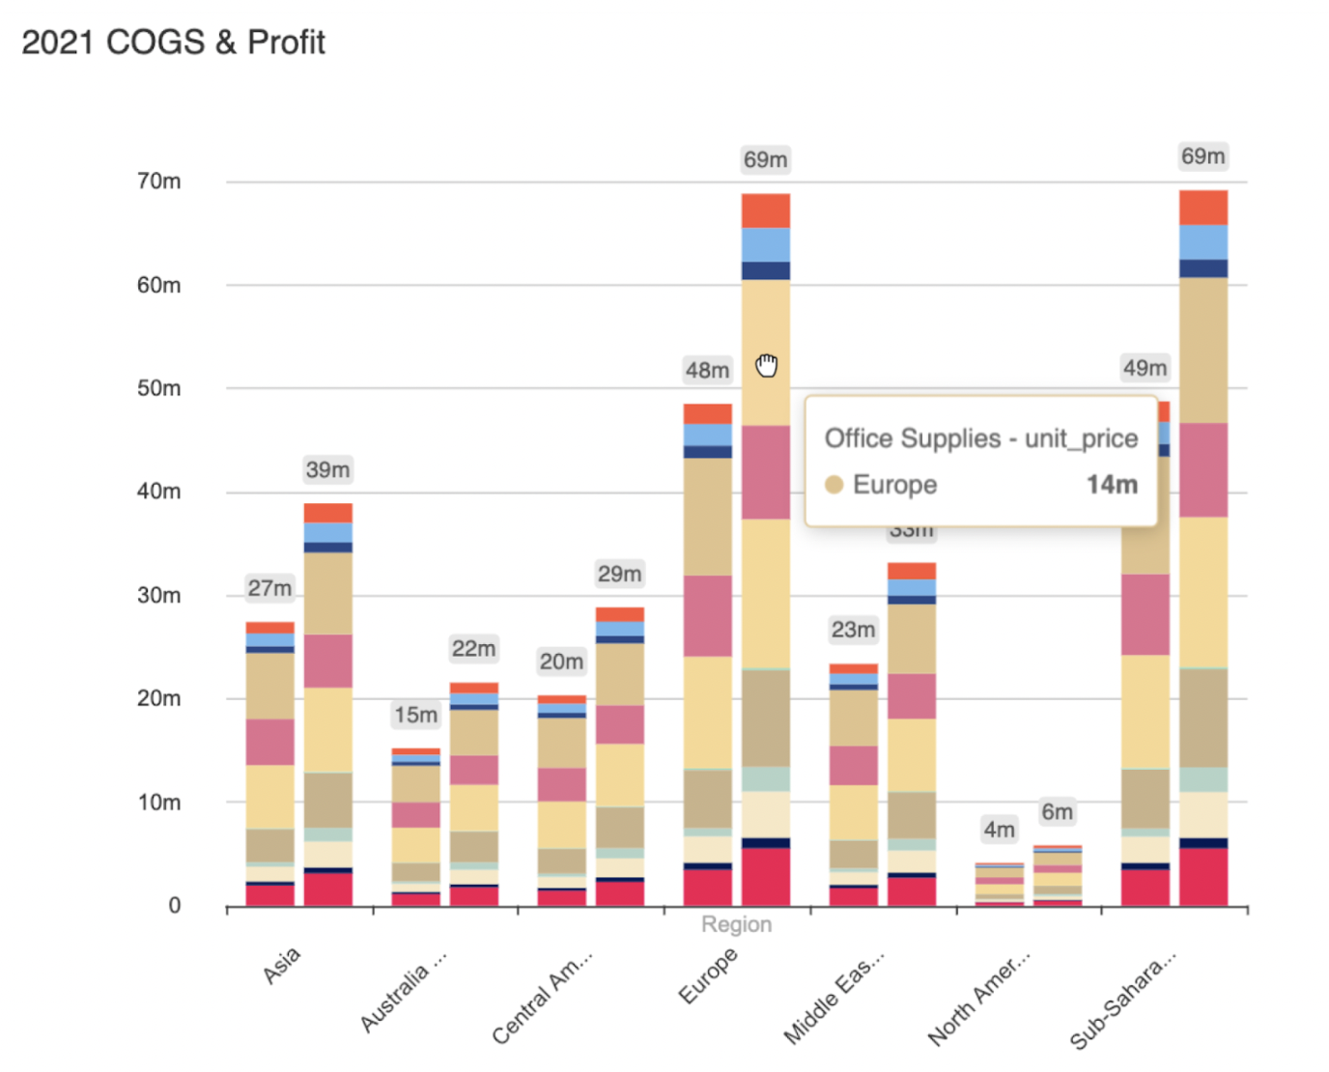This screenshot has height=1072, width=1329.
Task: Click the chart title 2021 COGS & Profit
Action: [x=174, y=42]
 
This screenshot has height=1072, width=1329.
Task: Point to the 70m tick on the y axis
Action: [x=158, y=182]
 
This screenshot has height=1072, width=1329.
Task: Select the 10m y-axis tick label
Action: [x=158, y=803]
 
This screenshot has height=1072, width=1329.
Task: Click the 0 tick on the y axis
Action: [x=174, y=906]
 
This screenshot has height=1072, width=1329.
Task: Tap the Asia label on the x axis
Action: [x=281, y=965]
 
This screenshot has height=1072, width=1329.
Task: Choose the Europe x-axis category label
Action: [x=708, y=975]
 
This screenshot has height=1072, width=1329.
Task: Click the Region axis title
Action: [x=736, y=924]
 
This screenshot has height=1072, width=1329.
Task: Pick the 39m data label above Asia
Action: [x=327, y=470]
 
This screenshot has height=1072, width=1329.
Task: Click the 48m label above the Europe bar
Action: [x=707, y=370]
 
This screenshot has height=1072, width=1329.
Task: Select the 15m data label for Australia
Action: [x=415, y=715]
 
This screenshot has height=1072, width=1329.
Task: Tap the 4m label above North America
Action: [x=999, y=830]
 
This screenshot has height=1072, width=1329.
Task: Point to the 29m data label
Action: [x=619, y=574]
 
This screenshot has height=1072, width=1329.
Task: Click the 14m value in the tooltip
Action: [x=1112, y=485]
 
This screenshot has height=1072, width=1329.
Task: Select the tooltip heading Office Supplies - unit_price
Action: [x=980, y=438]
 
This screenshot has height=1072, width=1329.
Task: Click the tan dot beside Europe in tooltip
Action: [x=834, y=485]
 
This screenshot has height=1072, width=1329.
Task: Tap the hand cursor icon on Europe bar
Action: [x=767, y=365]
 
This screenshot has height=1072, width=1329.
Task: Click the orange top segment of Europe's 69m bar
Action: [x=766, y=211]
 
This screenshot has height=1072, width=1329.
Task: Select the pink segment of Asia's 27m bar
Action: [x=269, y=742]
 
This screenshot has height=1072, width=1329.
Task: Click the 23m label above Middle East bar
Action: [x=853, y=630]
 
